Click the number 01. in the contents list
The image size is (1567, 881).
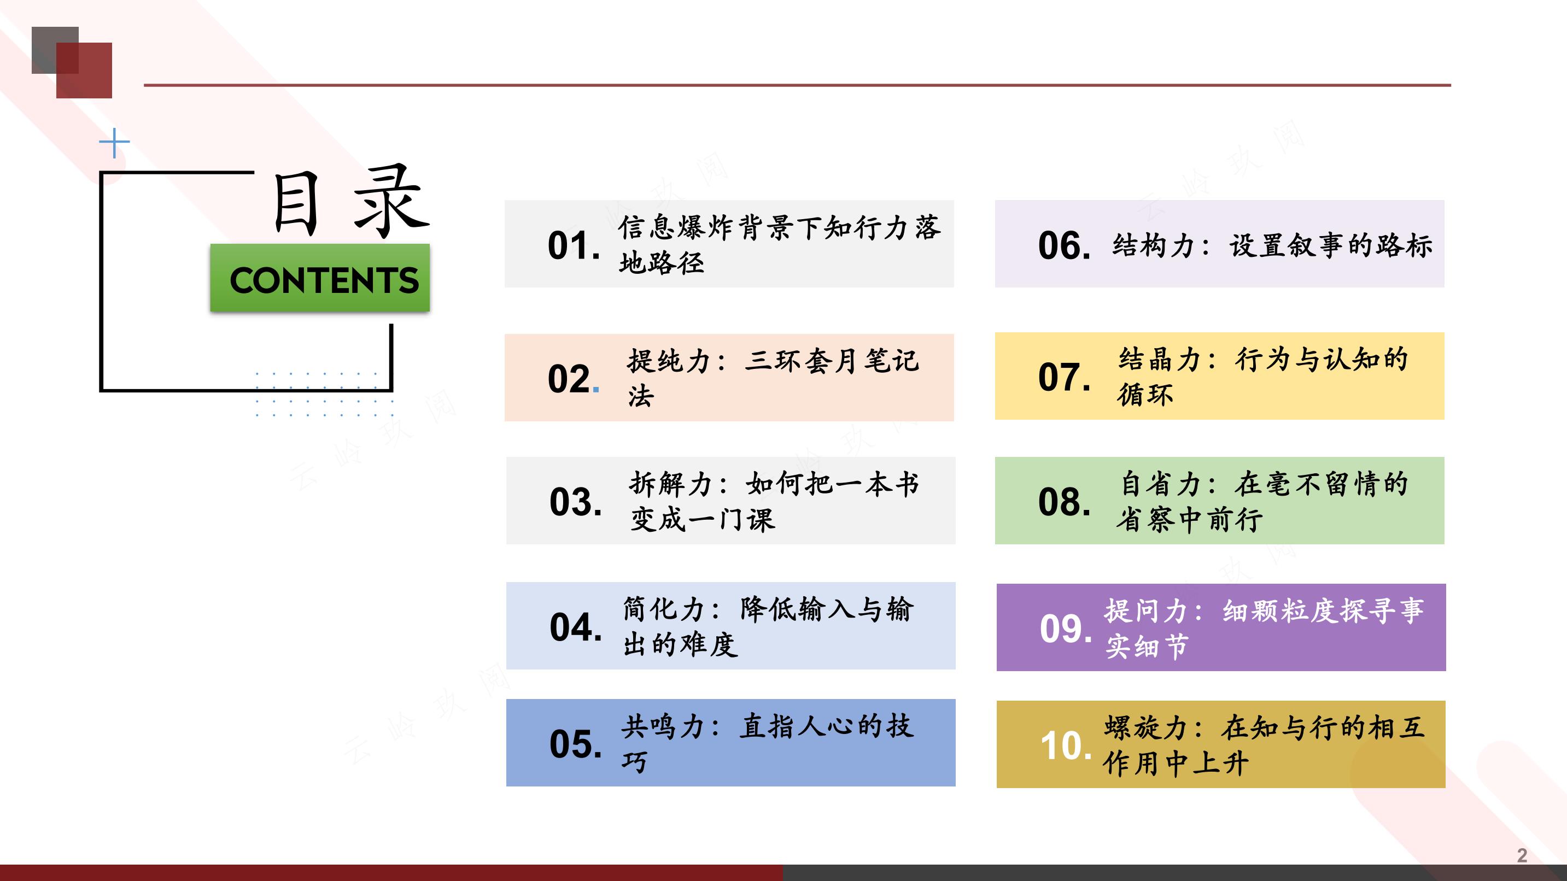[574, 245]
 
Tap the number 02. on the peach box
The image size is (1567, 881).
[574, 379]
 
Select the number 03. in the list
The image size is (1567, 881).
[575, 502]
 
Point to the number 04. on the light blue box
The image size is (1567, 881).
[575, 627]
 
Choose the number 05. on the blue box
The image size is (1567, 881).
[575, 744]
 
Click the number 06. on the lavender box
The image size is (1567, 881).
[1065, 245]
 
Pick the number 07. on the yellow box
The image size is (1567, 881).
[1065, 377]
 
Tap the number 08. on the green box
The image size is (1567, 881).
[1065, 502]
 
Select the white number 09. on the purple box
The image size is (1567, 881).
[1066, 629]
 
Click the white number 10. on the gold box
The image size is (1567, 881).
[1066, 746]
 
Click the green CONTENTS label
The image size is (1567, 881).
[320, 279]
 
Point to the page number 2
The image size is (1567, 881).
[1522, 855]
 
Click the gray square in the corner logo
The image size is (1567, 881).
[55, 50]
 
